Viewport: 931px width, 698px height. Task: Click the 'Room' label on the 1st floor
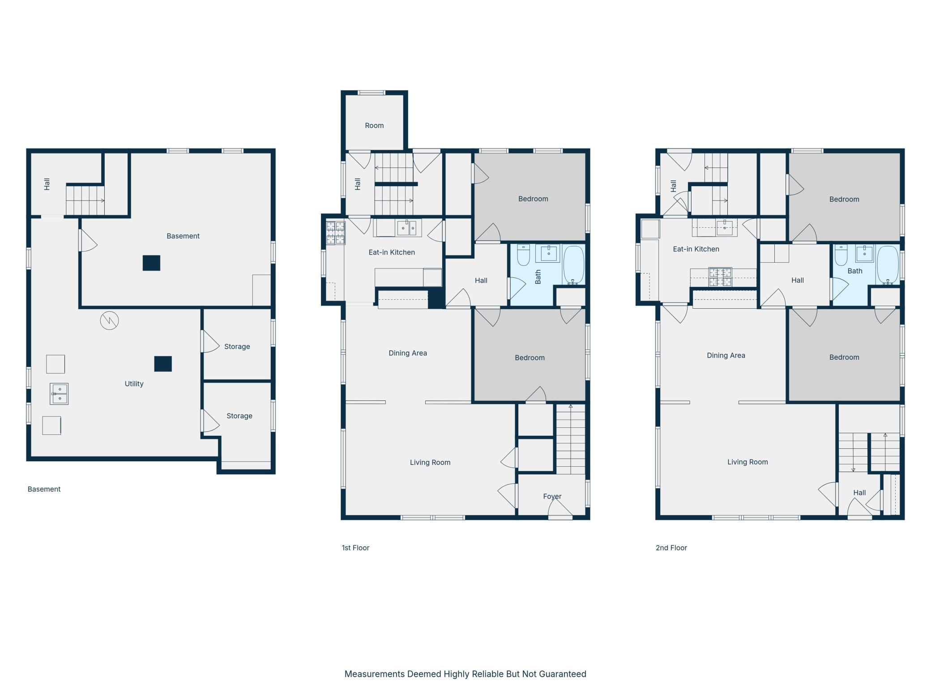[x=374, y=126]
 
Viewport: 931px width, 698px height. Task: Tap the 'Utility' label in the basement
[x=134, y=384]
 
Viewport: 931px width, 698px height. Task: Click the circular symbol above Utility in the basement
[x=109, y=320]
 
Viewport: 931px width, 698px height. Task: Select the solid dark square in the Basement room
[x=151, y=263]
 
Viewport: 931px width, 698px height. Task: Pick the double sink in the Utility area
[x=59, y=394]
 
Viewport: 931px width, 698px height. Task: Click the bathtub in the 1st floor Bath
[x=573, y=265]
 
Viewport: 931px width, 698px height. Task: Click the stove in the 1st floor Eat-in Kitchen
[x=336, y=233]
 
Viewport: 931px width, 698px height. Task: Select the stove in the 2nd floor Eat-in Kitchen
[x=720, y=277]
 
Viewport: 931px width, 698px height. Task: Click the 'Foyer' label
[x=552, y=496]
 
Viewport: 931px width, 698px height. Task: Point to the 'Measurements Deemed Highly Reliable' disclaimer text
[x=465, y=674]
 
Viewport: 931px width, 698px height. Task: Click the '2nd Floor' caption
[x=671, y=548]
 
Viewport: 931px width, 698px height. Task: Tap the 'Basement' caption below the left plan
[x=44, y=489]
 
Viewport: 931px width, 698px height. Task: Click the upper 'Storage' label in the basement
[x=237, y=347]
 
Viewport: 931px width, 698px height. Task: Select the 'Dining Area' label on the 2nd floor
[x=726, y=355]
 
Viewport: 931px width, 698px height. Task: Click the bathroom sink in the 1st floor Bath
[x=548, y=253]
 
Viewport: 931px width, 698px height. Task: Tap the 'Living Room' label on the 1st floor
[x=430, y=462]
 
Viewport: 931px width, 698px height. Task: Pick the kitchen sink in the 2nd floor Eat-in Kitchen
[x=724, y=227]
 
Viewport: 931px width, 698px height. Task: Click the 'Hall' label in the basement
[x=47, y=184]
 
